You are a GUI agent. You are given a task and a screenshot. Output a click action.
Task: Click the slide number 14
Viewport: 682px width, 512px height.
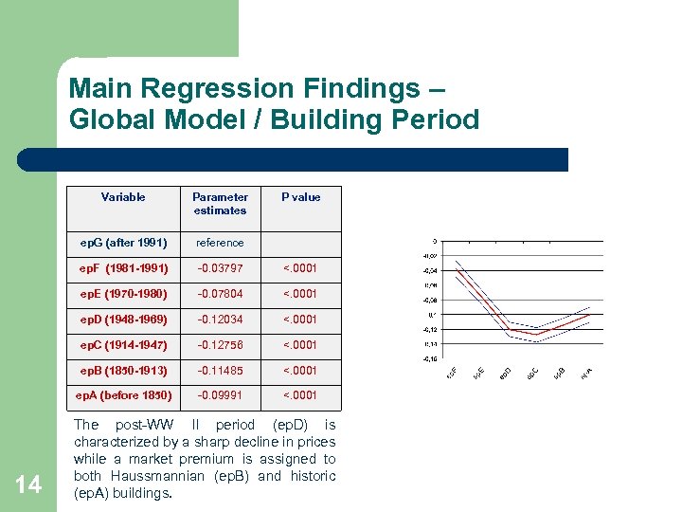[x=28, y=485]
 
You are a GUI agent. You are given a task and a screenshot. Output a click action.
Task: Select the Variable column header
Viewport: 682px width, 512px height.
[x=123, y=197]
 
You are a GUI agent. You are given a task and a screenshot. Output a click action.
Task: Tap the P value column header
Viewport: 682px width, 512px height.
[x=300, y=197]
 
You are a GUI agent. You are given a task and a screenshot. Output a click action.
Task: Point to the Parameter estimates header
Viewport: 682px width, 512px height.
[x=220, y=204]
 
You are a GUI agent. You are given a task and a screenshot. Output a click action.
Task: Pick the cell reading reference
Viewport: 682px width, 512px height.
[x=220, y=243]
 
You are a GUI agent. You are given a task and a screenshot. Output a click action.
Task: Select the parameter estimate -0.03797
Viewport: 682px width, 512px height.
[x=220, y=268]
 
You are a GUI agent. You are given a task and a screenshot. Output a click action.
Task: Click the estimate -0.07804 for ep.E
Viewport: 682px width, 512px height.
[x=220, y=294]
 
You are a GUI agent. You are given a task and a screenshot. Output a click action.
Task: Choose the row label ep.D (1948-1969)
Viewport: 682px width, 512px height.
[x=123, y=320]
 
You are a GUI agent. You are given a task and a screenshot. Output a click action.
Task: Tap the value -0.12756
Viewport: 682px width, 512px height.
[x=220, y=345]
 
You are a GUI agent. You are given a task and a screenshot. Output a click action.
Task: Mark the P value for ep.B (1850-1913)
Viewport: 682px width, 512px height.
[x=300, y=370]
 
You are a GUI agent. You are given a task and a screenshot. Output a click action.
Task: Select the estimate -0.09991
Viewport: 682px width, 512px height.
[x=220, y=395]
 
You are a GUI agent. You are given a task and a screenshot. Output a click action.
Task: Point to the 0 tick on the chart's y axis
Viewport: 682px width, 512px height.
[x=434, y=242]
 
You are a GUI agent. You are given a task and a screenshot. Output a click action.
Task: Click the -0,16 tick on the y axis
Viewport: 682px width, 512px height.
[x=430, y=359]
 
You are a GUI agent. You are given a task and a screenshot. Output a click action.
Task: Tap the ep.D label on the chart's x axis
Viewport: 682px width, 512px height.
[x=507, y=375]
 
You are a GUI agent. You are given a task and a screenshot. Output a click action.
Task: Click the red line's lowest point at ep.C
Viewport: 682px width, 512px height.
[x=536, y=335]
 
